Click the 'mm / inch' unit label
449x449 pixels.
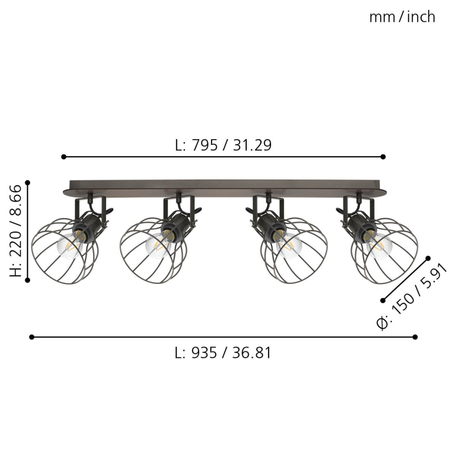(x=402, y=17)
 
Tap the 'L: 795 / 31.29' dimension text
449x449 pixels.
(x=223, y=145)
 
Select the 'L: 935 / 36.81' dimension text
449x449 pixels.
(x=223, y=353)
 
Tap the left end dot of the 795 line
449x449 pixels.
(x=64, y=156)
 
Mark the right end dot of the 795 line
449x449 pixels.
(x=383, y=156)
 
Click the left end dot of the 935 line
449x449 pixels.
(x=32, y=337)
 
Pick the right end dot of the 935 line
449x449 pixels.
(x=415, y=337)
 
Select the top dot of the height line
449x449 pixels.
(x=28, y=182)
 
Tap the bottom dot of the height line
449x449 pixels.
(x=28, y=280)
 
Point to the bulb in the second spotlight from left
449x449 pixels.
(x=158, y=244)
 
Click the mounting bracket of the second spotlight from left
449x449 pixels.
(x=179, y=204)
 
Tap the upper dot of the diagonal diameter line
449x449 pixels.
(x=428, y=257)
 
